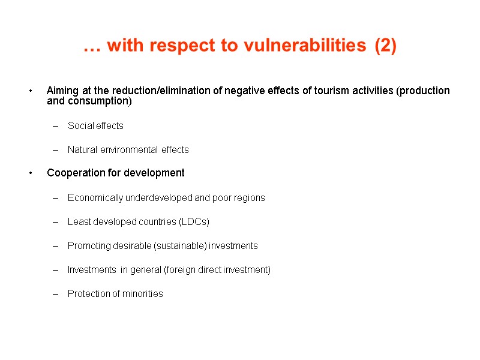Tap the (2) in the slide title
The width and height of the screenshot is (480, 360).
(x=385, y=47)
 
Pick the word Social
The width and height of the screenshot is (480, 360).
(x=80, y=126)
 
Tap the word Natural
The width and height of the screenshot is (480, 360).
(x=83, y=150)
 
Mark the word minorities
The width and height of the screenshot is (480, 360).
(x=142, y=294)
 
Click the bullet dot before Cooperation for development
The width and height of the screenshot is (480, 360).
(x=30, y=173)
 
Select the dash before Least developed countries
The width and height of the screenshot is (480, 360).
(x=56, y=222)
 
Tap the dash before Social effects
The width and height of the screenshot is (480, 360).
(x=56, y=126)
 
